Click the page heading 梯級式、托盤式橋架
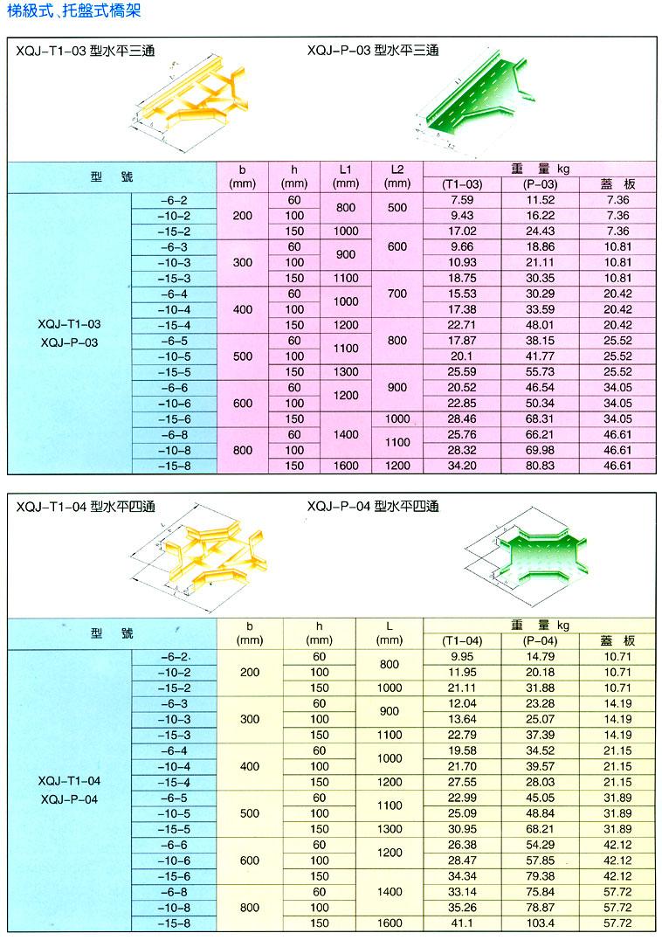click(x=70, y=11)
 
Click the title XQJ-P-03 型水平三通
click(x=373, y=51)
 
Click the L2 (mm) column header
click(x=397, y=176)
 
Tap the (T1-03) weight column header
click(x=462, y=184)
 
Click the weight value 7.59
click(x=462, y=200)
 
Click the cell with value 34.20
click(x=462, y=466)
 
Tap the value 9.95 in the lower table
click(x=462, y=656)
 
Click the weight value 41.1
click(x=462, y=923)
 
